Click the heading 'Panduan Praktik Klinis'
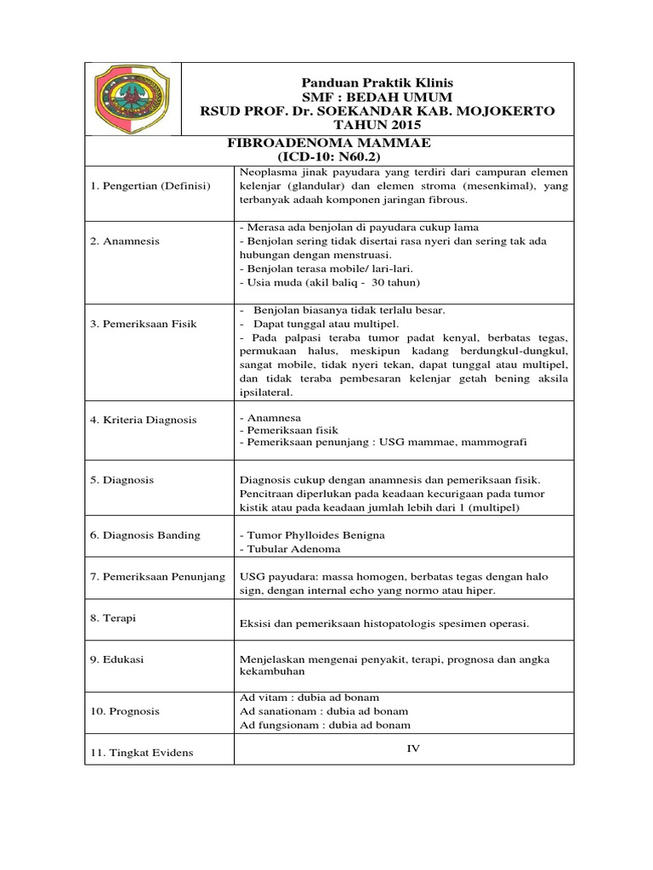[378, 82]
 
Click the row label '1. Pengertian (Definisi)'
[150, 186]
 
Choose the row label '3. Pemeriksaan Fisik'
[144, 324]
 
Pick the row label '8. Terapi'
[113, 618]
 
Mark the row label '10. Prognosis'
[125, 710]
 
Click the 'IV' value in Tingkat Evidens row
[413, 748]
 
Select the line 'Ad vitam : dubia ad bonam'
[309, 697]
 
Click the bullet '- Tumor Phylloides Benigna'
[312, 535]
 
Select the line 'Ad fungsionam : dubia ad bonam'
[325, 725]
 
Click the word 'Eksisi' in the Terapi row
[257, 624]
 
